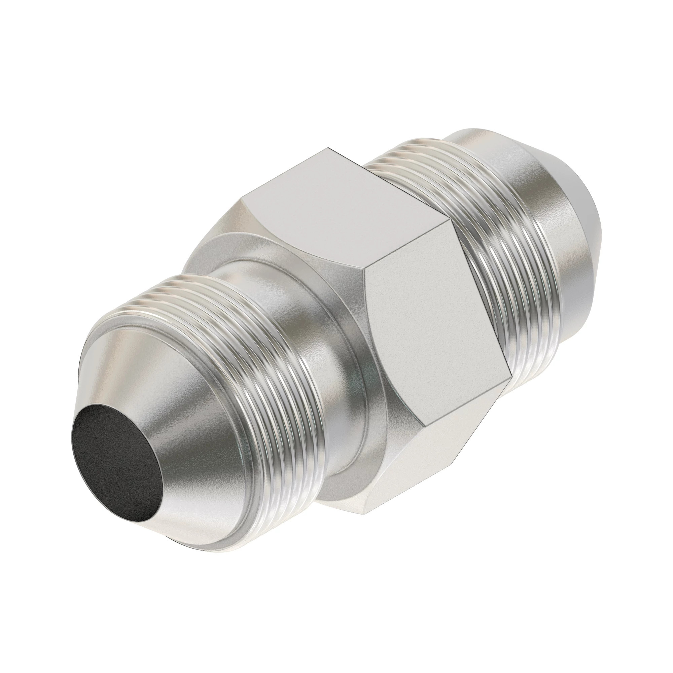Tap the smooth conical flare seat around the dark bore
point(164,411)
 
